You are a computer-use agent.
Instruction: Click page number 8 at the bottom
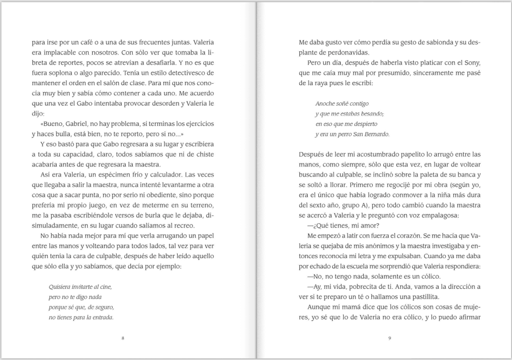point(123,338)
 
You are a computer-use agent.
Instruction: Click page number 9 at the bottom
point(389,338)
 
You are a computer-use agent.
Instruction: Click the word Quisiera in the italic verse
point(60,287)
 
